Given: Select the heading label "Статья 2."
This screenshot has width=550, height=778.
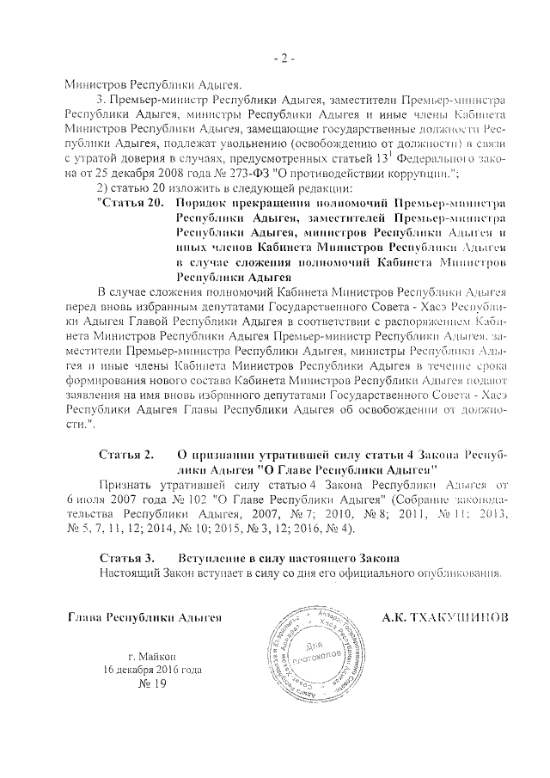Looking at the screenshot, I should (126, 453).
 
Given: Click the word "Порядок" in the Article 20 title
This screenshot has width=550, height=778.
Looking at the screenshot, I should (203, 204).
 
